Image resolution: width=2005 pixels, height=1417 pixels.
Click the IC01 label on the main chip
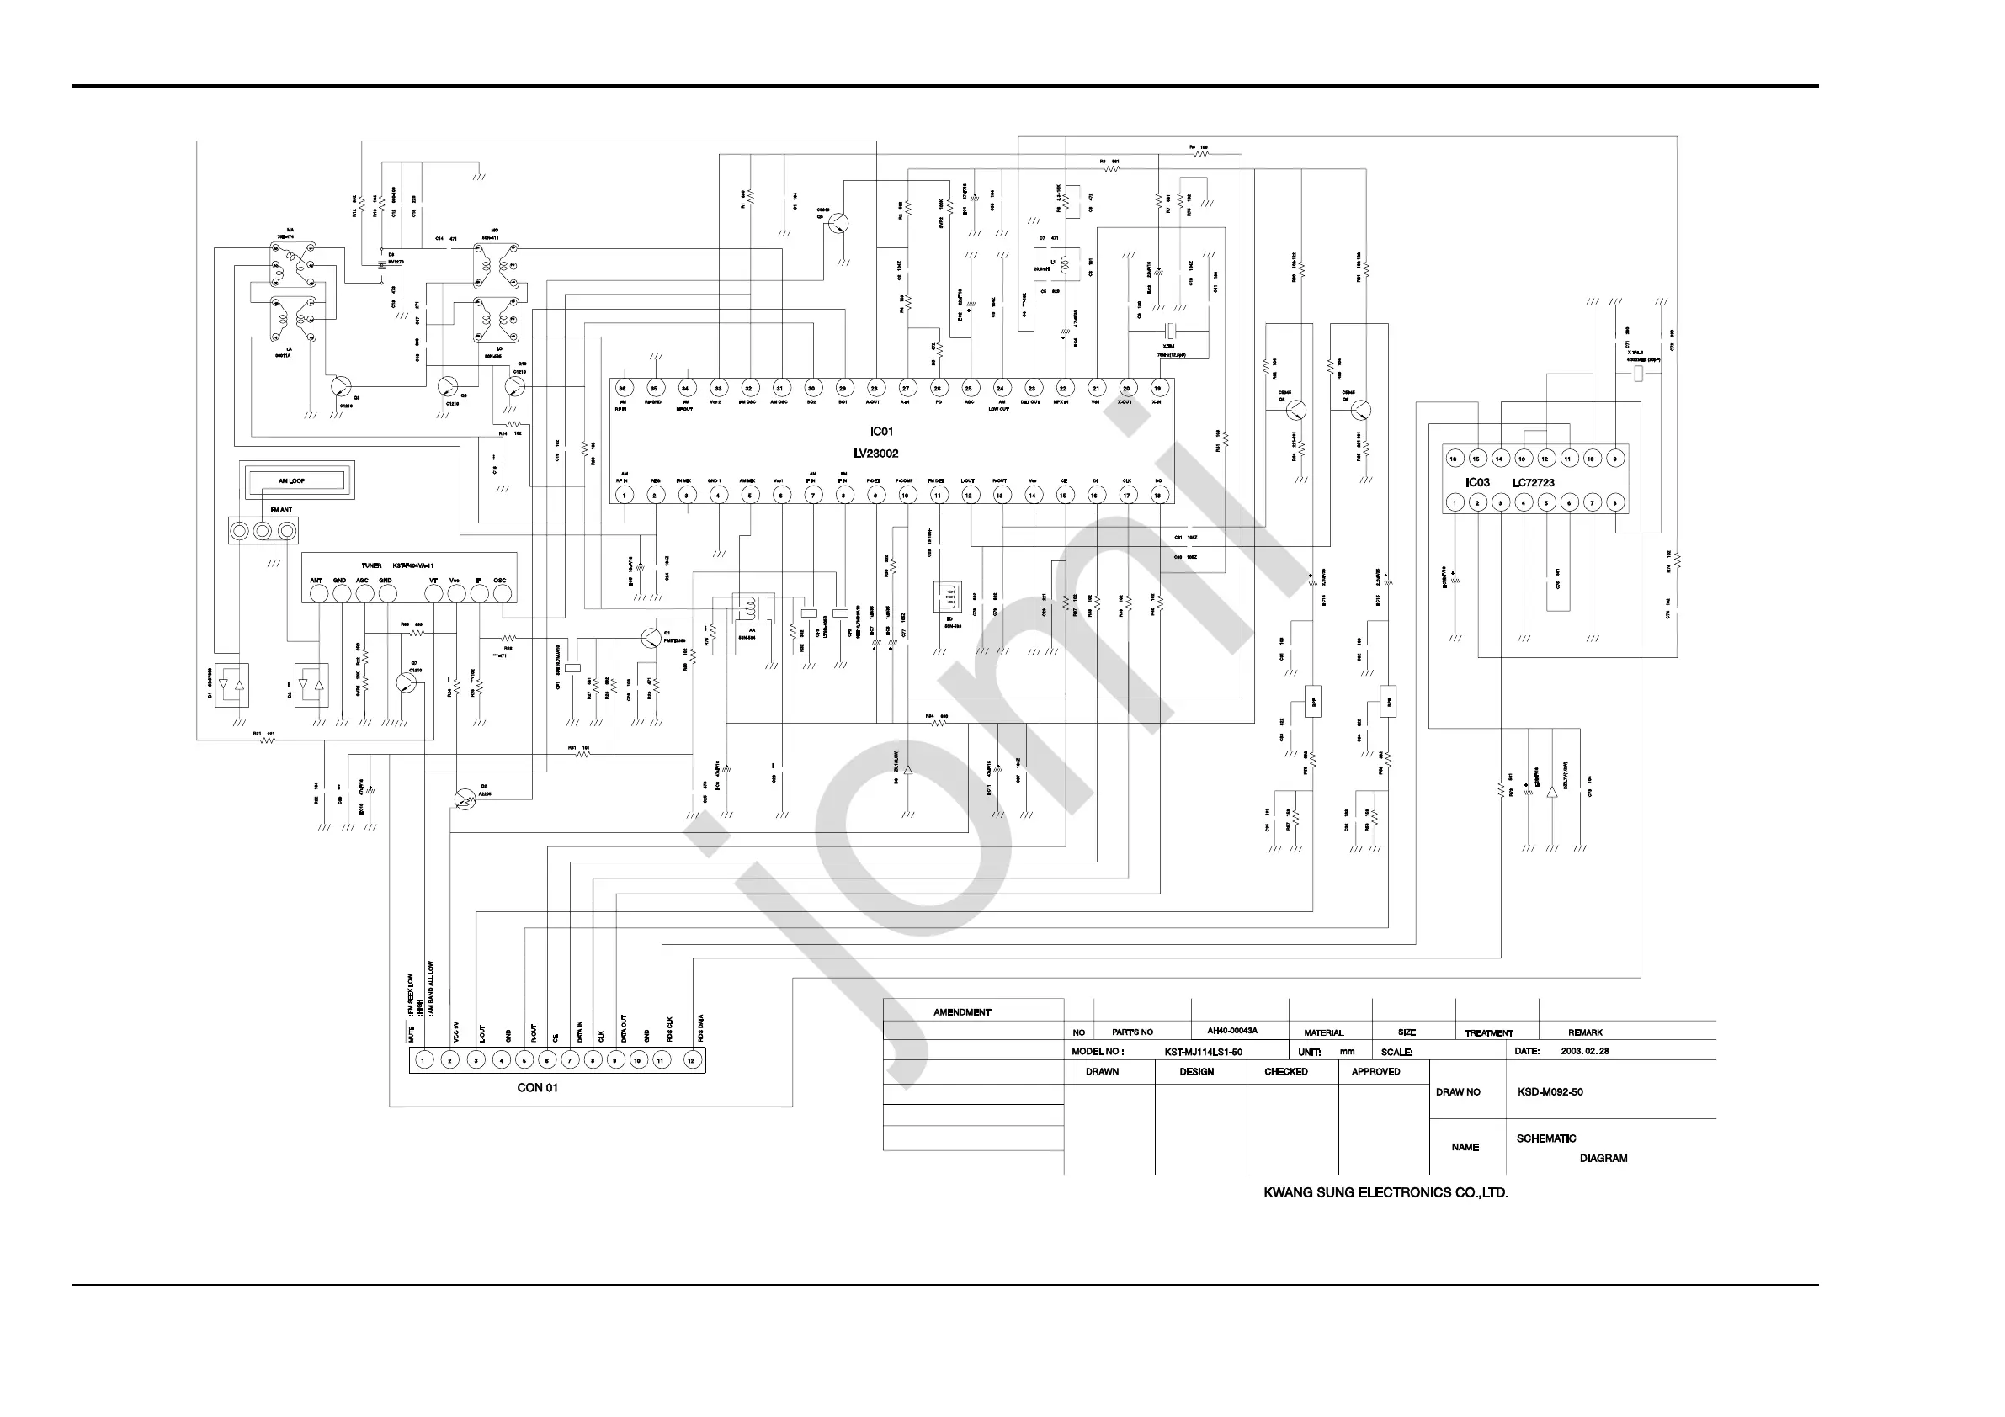click(x=882, y=432)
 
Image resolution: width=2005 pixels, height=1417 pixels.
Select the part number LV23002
click(x=876, y=454)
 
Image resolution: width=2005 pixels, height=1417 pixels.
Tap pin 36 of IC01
click(x=623, y=388)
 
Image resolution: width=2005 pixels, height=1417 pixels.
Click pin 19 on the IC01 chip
click(x=1158, y=388)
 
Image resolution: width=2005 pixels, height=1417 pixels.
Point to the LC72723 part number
click(x=1534, y=482)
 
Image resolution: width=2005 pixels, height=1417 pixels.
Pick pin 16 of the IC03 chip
click(x=1454, y=459)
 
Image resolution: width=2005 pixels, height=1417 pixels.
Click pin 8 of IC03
click(x=1614, y=502)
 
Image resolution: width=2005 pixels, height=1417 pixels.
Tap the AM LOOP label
click(x=292, y=481)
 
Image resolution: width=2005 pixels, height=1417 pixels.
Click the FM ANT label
click(x=281, y=510)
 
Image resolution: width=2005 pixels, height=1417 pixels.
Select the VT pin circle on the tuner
click(x=433, y=594)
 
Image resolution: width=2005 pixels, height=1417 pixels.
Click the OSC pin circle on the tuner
click(x=503, y=594)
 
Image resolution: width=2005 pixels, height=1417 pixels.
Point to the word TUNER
click(x=371, y=565)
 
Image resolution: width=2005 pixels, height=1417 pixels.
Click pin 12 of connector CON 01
click(x=692, y=1061)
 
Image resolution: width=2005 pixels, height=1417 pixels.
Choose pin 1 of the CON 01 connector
click(x=423, y=1061)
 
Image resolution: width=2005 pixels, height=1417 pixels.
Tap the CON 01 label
click(x=537, y=1088)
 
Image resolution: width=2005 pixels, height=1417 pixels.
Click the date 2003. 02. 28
click(x=1585, y=1051)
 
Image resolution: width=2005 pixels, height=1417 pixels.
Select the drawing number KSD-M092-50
click(x=1550, y=1092)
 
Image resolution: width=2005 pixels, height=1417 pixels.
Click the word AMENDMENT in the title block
click(x=962, y=1013)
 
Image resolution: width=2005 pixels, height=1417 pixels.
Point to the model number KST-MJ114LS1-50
click(x=1204, y=1052)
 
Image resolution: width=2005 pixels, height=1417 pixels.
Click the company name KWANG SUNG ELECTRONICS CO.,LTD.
click(x=1385, y=1192)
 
